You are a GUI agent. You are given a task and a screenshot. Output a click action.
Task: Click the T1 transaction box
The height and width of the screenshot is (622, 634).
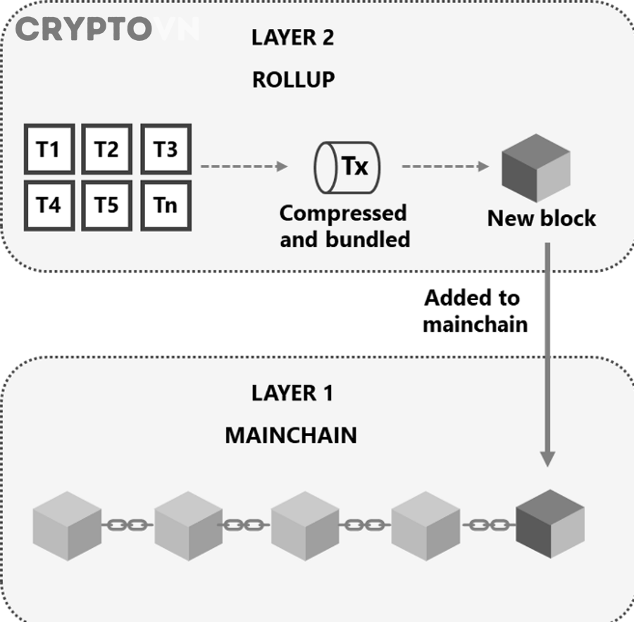49,149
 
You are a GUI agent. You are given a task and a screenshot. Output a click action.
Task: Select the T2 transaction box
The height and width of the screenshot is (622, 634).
107,149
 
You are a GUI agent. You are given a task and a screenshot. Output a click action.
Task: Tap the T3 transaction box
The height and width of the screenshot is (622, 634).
166,149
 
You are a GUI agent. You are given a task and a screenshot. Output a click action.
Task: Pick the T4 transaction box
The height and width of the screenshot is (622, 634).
49,206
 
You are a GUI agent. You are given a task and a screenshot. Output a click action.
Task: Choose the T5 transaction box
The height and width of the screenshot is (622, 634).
107,206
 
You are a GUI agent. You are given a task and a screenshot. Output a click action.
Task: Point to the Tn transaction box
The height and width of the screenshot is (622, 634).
166,206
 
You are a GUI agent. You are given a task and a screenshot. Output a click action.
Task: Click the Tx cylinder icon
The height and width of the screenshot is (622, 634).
347,168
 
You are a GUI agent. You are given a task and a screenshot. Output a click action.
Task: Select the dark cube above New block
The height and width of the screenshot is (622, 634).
536,168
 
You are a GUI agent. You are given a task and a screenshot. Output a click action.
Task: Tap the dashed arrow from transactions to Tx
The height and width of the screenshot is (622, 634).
244,166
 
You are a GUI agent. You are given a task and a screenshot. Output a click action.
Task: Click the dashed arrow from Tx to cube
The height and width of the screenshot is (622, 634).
445,166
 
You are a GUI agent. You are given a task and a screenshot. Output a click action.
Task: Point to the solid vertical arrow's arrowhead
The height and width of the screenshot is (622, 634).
547,459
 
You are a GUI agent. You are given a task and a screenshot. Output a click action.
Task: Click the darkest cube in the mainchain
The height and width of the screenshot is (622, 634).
550,524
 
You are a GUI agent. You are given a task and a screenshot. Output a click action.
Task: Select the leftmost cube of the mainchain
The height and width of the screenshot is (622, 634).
67,526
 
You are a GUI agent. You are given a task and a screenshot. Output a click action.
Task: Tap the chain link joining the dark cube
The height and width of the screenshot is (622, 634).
490,525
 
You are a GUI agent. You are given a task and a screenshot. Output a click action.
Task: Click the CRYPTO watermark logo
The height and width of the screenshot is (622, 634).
84,29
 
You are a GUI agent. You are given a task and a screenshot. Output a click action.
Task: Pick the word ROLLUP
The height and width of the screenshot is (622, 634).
294,80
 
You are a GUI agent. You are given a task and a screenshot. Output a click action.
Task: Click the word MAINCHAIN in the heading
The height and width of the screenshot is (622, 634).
291,435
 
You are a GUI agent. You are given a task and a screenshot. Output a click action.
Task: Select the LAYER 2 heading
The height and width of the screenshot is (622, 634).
293,37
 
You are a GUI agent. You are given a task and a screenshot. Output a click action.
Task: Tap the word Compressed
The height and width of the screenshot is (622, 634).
343,214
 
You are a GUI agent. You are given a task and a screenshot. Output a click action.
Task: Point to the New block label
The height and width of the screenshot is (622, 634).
542,218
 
